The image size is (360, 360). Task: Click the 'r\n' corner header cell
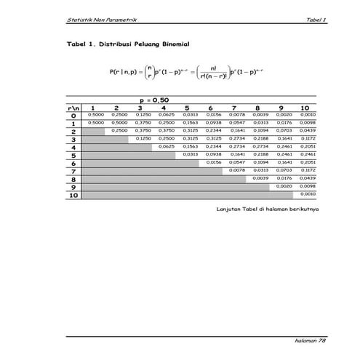click(74, 107)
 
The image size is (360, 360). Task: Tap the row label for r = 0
click(74, 115)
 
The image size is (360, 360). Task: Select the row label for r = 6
click(74, 163)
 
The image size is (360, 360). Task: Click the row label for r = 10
click(74, 195)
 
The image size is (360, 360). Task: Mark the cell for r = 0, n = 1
click(95, 115)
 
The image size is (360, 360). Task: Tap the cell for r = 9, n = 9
click(284, 187)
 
